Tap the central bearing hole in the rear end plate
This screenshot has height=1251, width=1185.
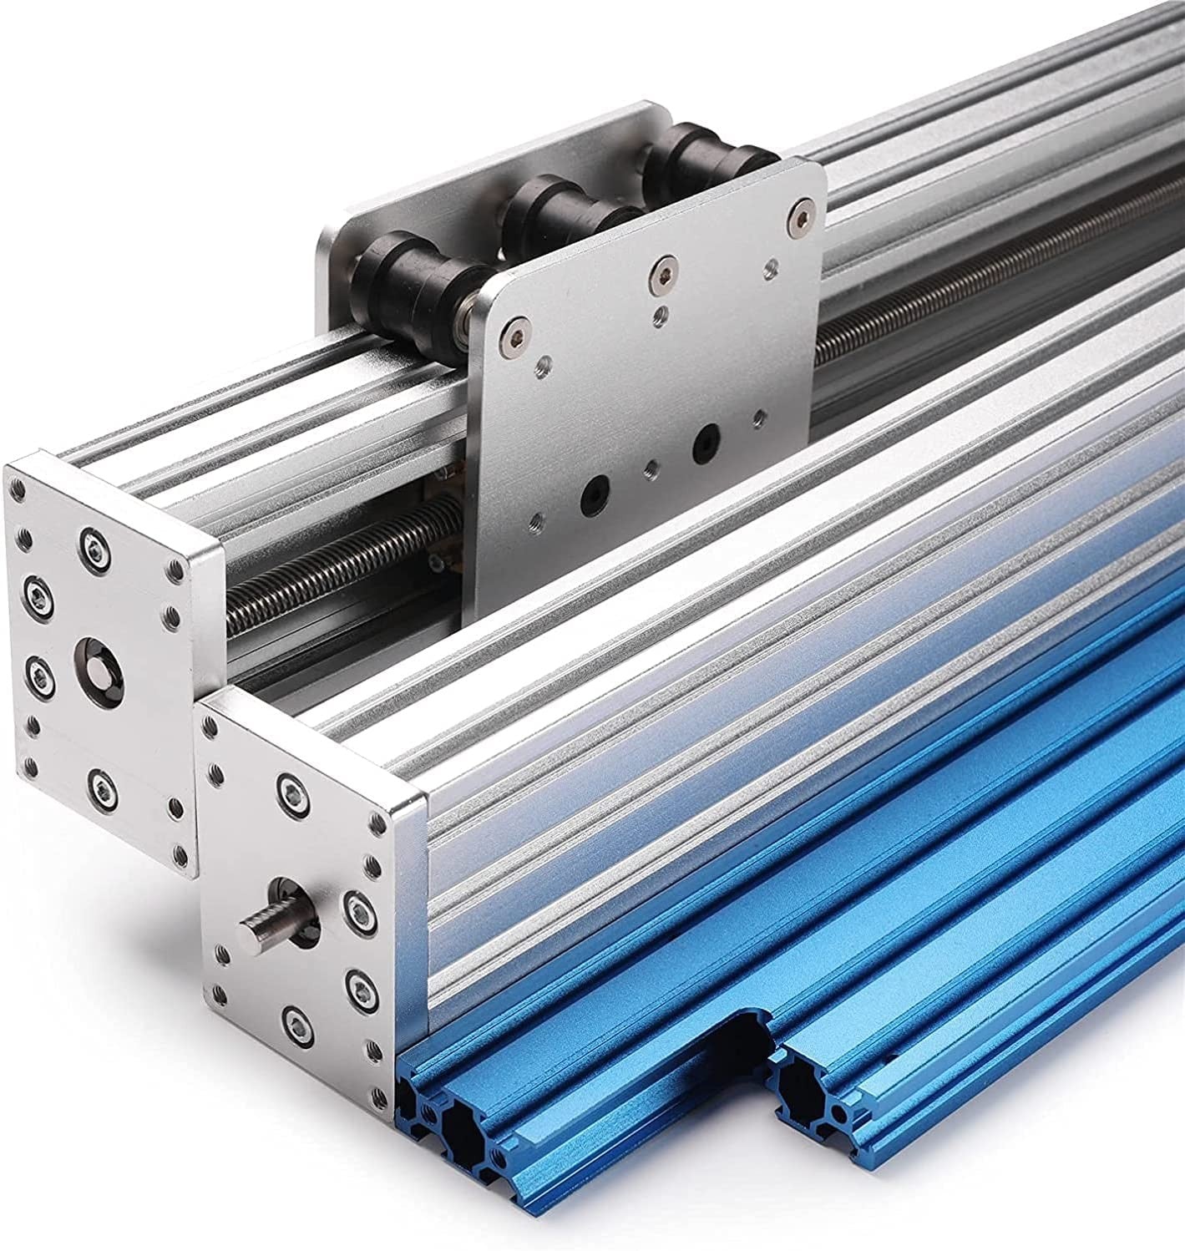pos(95,653)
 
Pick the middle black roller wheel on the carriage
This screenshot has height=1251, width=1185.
pos(552,215)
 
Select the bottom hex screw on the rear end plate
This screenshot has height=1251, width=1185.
pos(101,783)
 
